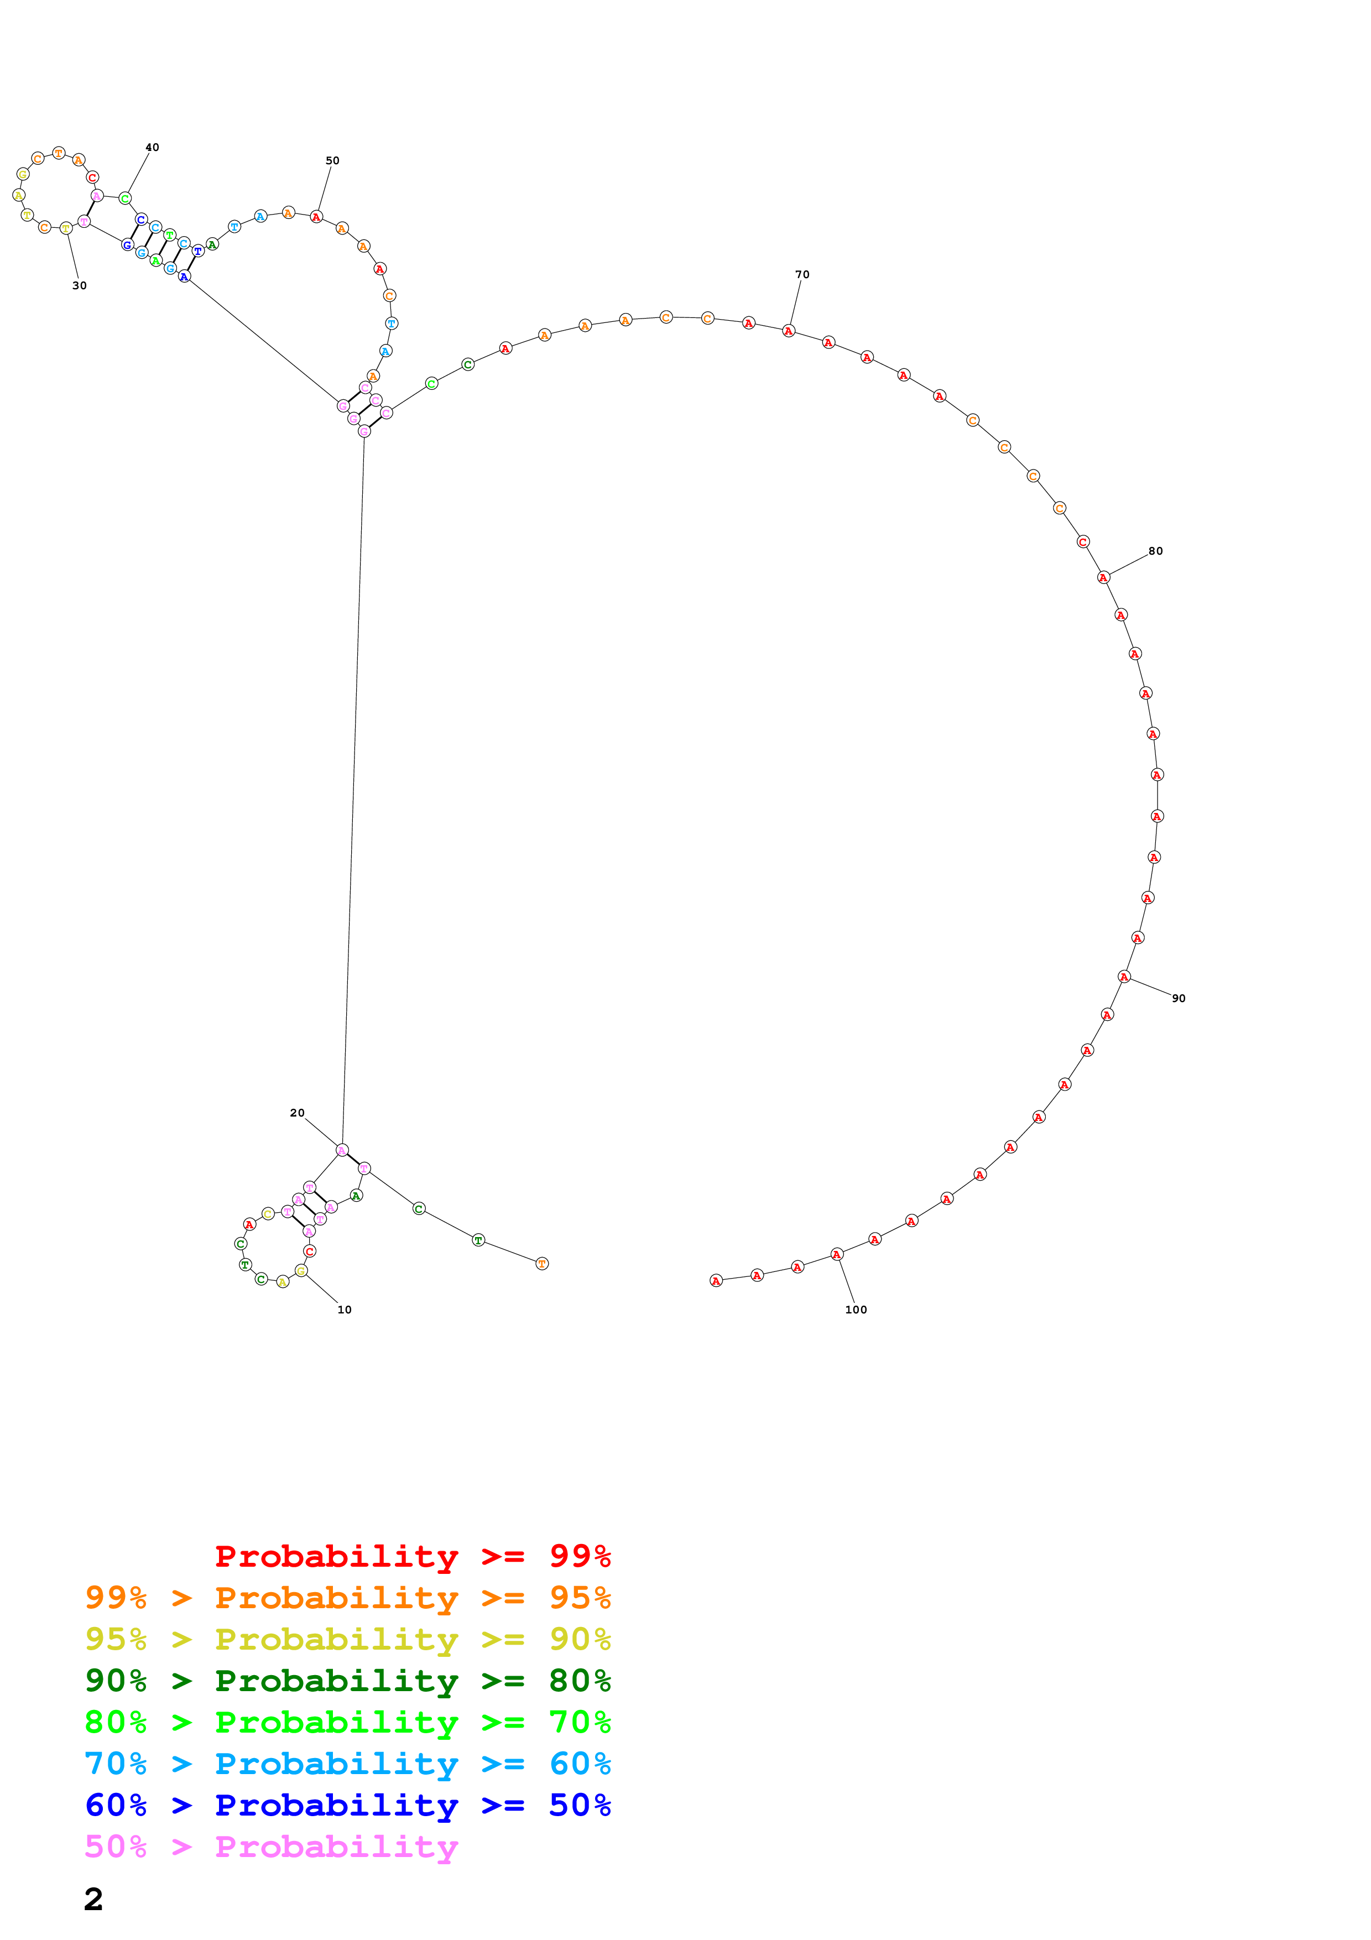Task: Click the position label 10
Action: (344, 1310)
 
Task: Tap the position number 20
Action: (296, 1113)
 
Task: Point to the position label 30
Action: (80, 285)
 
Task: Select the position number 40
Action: (152, 147)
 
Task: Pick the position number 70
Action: (802, 275)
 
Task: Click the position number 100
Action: (855, 1310)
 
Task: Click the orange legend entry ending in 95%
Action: (348, 1597)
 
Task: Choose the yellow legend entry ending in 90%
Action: (348, 1639)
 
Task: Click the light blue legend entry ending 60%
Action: (348, 1764)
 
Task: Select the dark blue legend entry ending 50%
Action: (348, 1805)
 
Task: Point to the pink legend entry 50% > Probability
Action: (271, 1846)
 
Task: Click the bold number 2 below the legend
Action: (94, 1899)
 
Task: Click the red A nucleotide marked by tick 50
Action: (316, 217)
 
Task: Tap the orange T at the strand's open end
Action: (543, 1263)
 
